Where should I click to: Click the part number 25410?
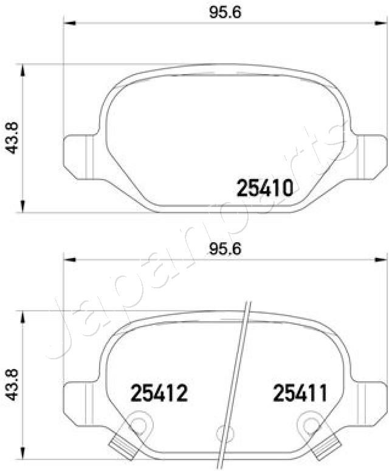(264, 189)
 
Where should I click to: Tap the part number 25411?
(300, 394)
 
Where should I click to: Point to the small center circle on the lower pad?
(222, 433)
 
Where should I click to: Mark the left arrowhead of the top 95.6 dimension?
(69, 24)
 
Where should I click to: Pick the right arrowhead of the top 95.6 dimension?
(380, 24)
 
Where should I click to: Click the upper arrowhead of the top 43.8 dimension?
(22, 70)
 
